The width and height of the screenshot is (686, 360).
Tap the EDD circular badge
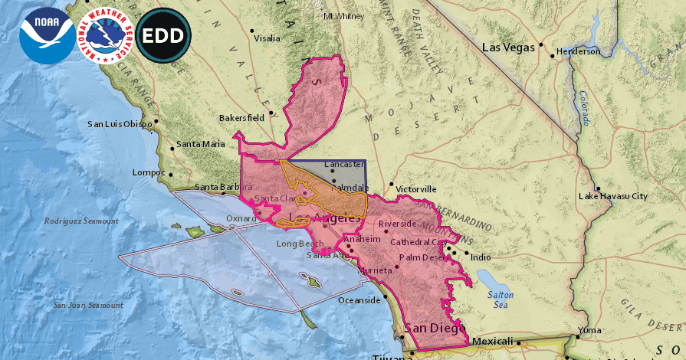162,35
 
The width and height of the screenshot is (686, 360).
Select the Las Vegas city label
507,47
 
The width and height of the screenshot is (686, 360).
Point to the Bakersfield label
241,118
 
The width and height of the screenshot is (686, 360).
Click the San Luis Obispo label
120,124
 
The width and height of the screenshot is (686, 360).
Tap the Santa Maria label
201,144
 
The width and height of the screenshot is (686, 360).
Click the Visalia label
267,38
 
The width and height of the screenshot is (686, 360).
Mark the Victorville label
417,188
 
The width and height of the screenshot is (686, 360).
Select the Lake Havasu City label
612,196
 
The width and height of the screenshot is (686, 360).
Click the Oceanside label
359,300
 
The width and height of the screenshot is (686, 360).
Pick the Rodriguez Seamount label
81,221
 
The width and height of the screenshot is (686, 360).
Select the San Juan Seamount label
87,305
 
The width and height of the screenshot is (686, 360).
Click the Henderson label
578,51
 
